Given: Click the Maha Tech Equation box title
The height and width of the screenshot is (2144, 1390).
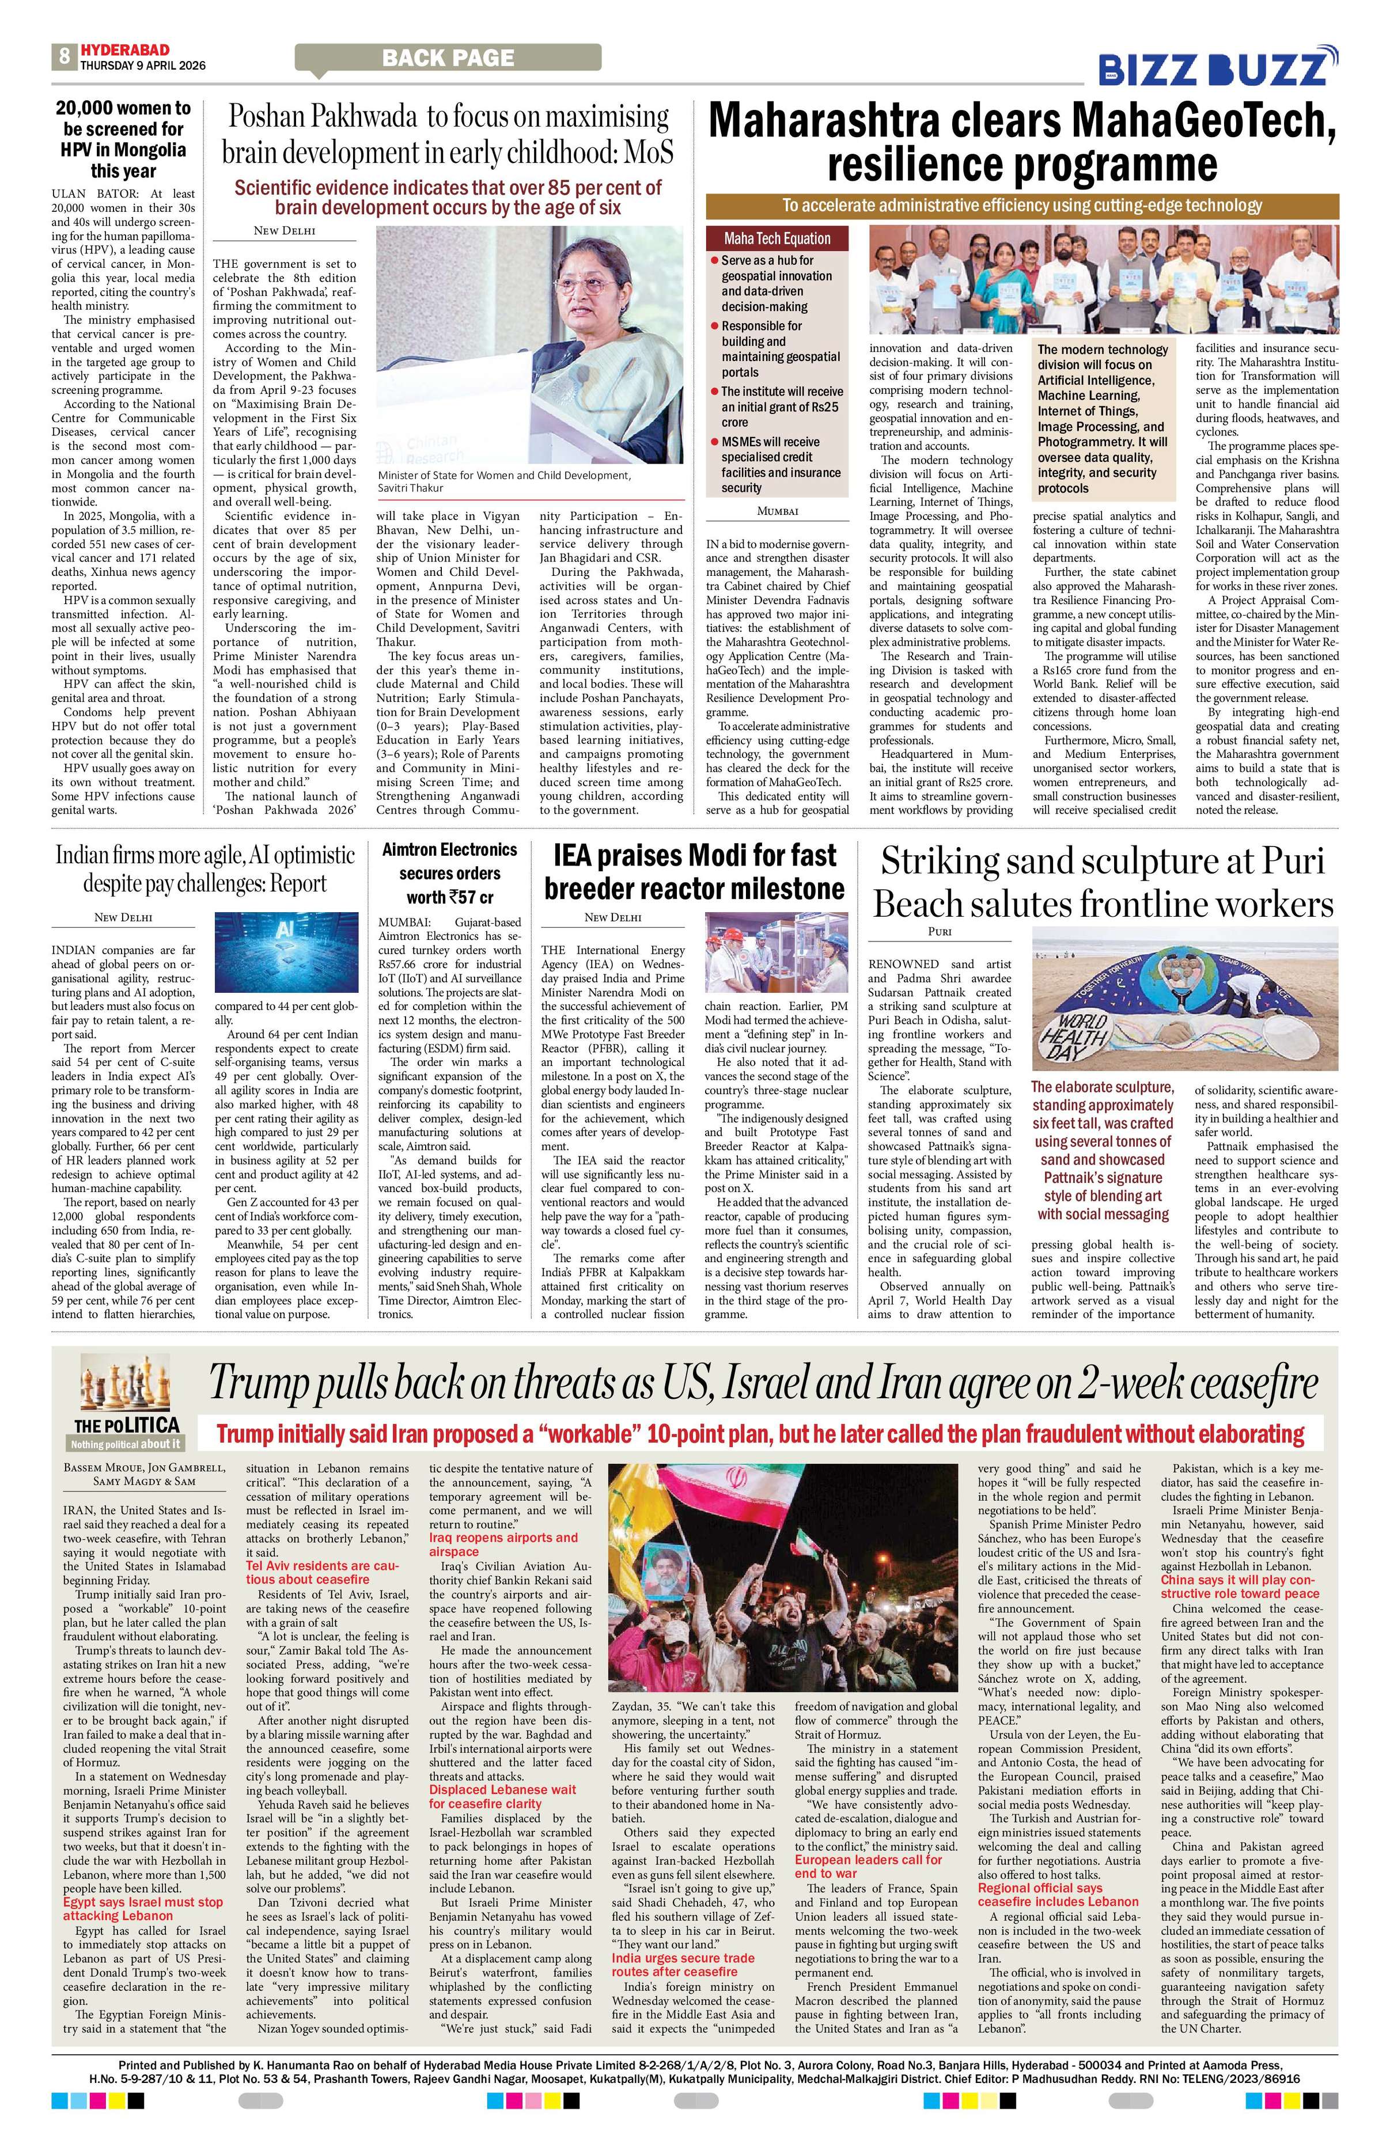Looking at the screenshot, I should [x=777, y=239].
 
